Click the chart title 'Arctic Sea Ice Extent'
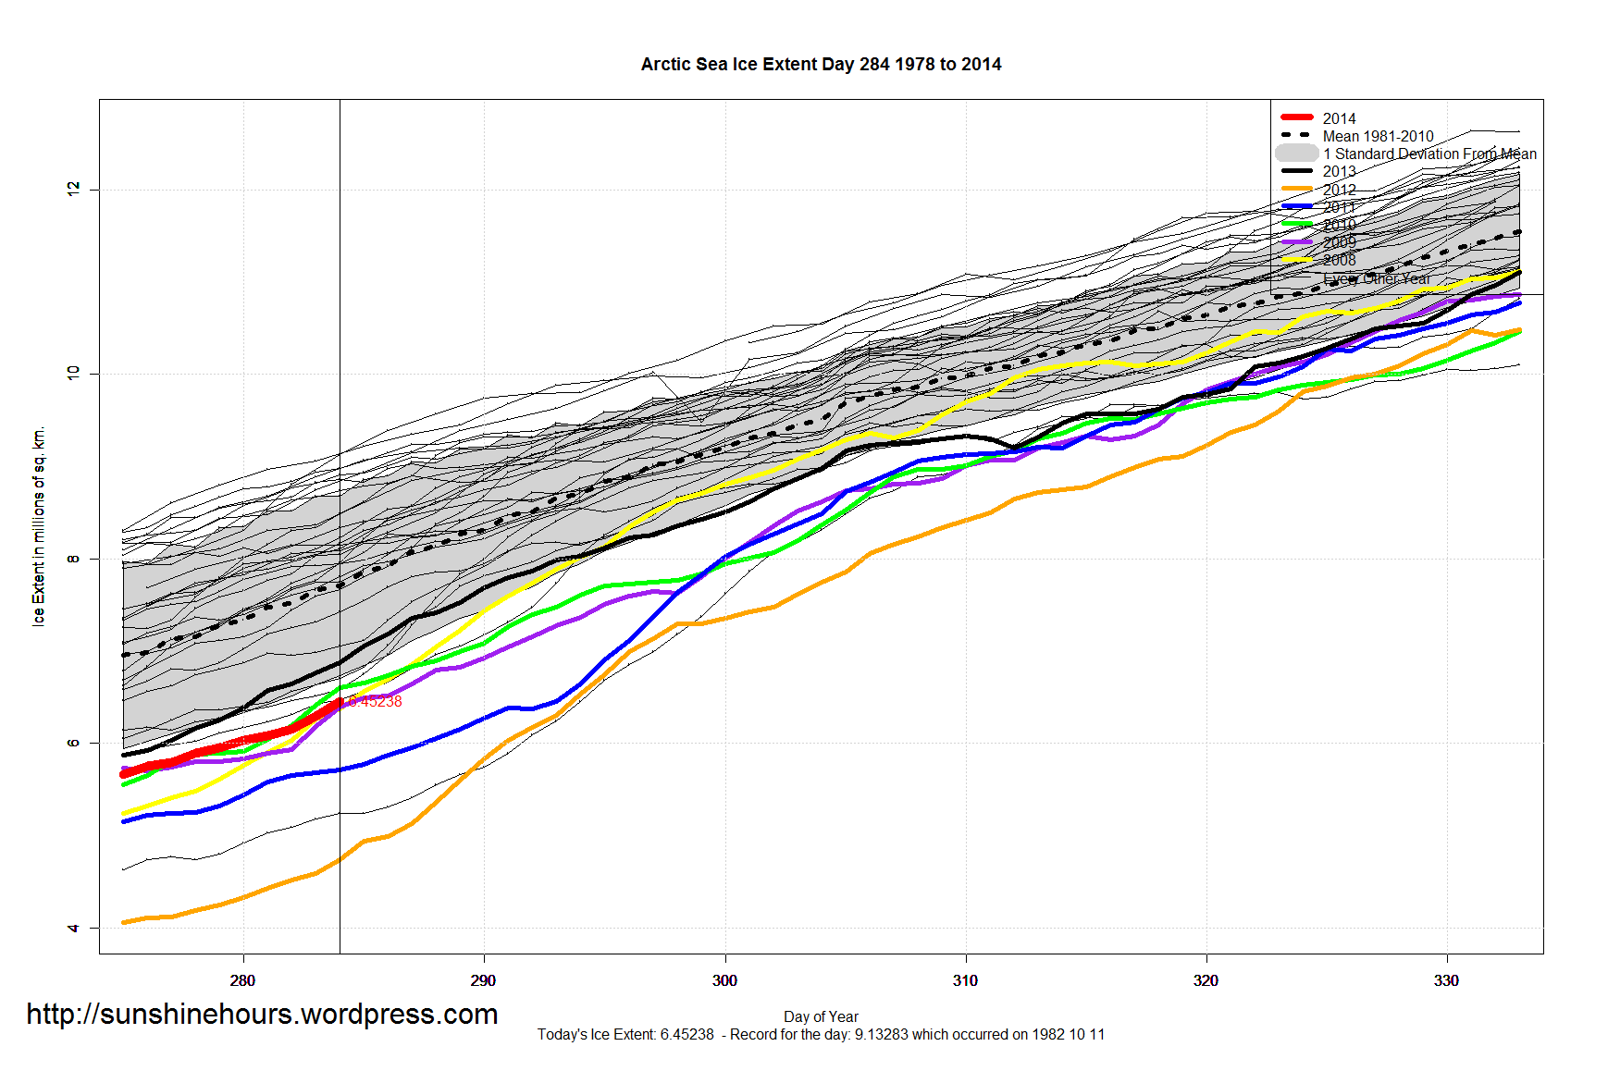(x=821, y=65)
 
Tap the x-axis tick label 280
(x=242, y=980)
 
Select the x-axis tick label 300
(x=724, y=980)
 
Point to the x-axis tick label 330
(x=1446, y=980)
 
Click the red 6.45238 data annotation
(x=375, y=702)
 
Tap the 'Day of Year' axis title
(x=821, y=1016)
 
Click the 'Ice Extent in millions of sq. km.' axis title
(x=39, y=526)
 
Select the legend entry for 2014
(x=1339, y=118)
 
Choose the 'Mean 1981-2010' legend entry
(x=1378, y=136)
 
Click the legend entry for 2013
(x=1339, y=171)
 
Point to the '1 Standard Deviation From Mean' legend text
(x=1429, y=154)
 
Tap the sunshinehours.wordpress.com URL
(x=262, y=1015)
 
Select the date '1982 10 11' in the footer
(x=1070, y=1034)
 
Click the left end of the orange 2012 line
(x=124, y=922)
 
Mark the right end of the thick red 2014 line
(x=339, y=703)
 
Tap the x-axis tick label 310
(x=965, y=980)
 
